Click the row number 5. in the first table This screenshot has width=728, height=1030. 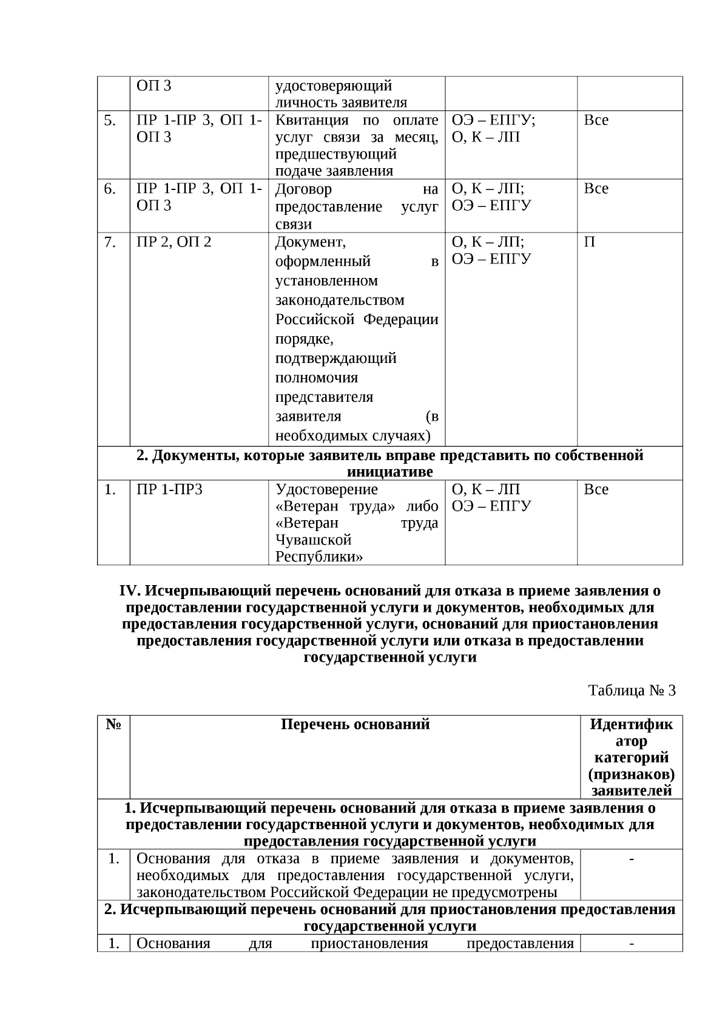click(110, 120)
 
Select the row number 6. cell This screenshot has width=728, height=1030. click(110, 189)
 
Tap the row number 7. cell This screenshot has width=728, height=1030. click(110, 242)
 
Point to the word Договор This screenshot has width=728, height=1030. click(303, 189)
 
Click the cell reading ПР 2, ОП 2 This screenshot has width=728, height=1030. click(174, 242)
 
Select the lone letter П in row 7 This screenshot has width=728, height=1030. click(589, 242)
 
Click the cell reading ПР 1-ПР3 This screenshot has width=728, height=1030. click(169, 489)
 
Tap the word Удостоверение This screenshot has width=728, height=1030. click(326, 489)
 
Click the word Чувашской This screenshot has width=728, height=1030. click(314, 540)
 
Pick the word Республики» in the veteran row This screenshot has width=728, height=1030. click(320, 557)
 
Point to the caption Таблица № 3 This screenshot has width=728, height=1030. click(632, 690)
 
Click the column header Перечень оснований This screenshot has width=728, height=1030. click(355, 724)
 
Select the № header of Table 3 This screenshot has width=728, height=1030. click(113, 724)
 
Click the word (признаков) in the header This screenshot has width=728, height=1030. click(631, 774)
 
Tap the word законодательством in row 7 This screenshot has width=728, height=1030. click(340, 300)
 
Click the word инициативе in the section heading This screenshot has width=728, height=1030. click(389, 472)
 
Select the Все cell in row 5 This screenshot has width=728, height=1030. click(596, 120)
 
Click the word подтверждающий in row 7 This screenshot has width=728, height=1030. click(335, 358)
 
